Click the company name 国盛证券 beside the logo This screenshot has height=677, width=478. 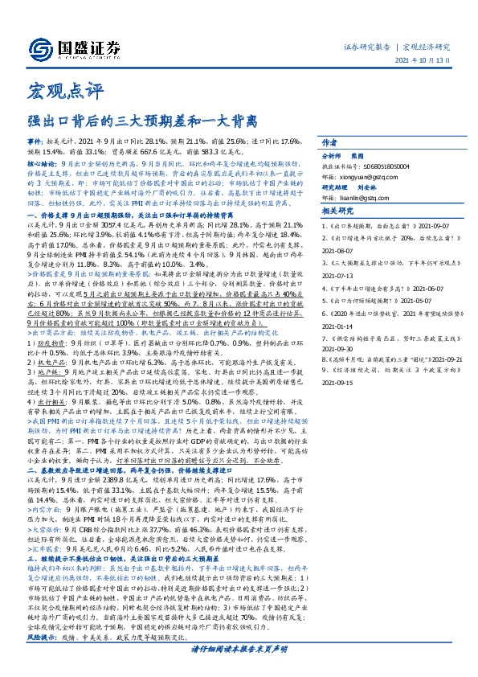click(90, 45)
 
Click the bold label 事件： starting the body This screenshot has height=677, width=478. click(35, 162)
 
